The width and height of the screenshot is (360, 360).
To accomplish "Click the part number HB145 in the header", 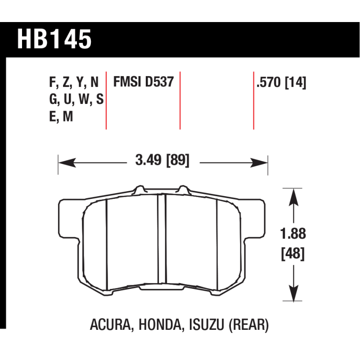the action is click(x=54, y=39).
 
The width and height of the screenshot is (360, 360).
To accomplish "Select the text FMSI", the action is click(x=128, y=81).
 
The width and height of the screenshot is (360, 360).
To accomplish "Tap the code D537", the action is click(x=160, y=81).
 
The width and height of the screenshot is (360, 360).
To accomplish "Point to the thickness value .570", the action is click(x=269, y=82).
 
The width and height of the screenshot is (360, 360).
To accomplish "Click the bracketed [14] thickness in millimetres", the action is click(x=296, y=82).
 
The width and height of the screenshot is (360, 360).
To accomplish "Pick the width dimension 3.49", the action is click(x=148, y=160).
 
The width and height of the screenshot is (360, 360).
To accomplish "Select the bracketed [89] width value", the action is click(x=178, y=160).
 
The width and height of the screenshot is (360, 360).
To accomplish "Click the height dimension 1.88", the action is click(x=293, y=234).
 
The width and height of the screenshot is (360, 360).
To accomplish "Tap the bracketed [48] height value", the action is click(x=293, y=253).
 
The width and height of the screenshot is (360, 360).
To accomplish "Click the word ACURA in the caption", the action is click(x=110, y=324).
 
